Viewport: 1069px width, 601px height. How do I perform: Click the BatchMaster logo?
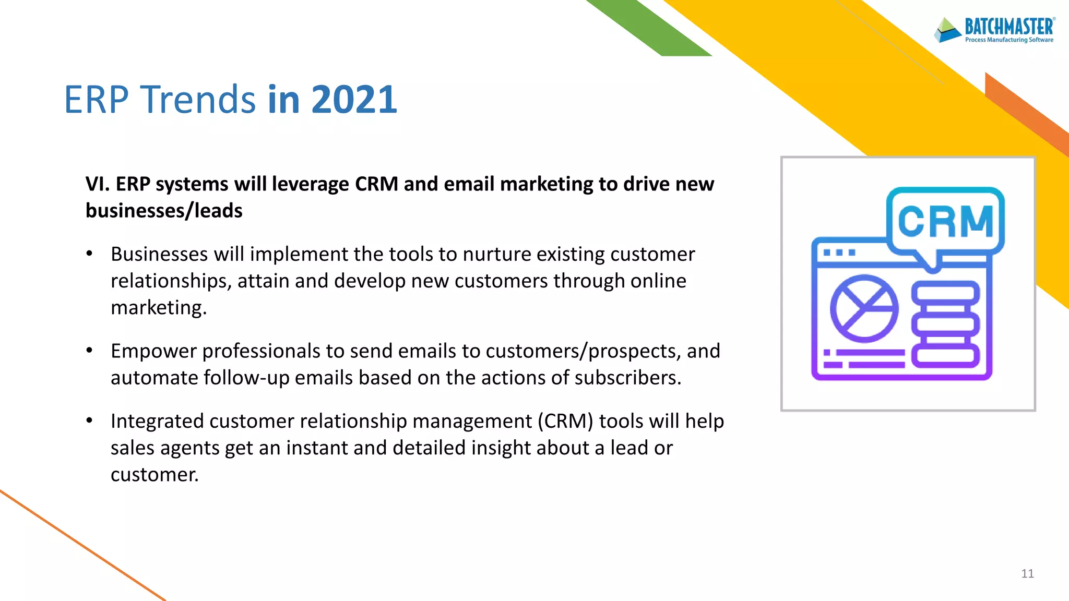click(994, 29)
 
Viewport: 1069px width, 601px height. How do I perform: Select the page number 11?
click(1027, 574)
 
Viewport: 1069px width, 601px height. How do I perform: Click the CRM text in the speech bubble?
click(945, 221)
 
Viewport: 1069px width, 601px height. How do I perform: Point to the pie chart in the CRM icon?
click(864, 308)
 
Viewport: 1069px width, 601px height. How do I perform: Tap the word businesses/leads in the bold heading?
click(164, 211)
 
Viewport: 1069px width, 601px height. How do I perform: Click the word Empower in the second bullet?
click(153, 351)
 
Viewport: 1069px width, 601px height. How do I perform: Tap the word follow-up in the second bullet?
click(246, 378)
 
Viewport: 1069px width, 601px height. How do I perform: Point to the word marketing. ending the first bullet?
click(159, 308)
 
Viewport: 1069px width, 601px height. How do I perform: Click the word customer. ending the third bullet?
click(155, 475)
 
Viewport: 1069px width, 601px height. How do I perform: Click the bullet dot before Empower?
click(90, 351)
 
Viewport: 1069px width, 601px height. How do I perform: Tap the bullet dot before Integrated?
click(90, 420)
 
